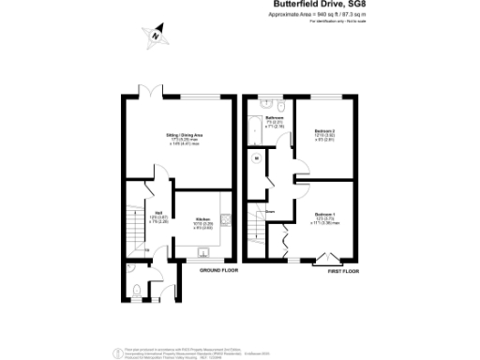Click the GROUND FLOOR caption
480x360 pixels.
point(219,270)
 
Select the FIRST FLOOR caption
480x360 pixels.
point(343,270)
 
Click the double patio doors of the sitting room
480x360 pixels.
point(157,93)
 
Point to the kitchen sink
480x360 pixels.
point(203,251)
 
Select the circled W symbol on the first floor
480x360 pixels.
point(256,158)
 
